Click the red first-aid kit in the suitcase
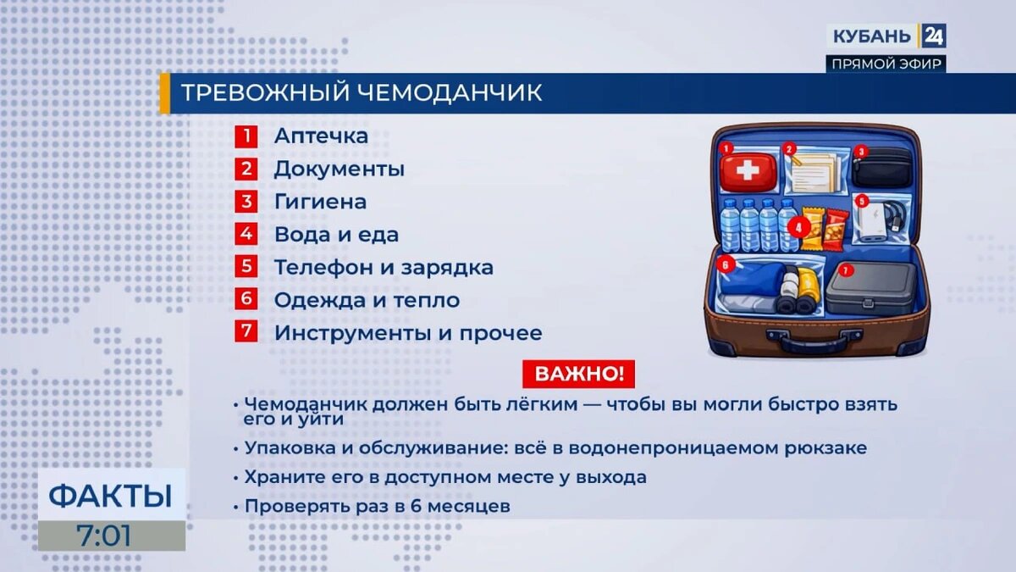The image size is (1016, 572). click(747, 172)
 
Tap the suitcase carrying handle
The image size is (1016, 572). click(814, 341)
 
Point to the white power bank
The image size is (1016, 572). click(873, 223)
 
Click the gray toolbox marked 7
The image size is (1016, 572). click(870, 288)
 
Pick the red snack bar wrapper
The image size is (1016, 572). click(836, 226)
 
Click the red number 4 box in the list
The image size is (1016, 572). click(246, 234)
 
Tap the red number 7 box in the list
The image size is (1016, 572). click(246, 332)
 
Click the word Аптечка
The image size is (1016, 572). click(321, 136)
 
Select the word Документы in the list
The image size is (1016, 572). click(339, 169)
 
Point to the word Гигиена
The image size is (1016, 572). click(320, 202)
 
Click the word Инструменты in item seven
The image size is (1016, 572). click(352, 333)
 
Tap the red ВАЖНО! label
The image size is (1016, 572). click(578, 373)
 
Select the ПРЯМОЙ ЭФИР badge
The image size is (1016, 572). click(886, 64)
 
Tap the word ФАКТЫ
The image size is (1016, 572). click(110, 495)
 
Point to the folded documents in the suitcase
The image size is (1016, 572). click(814, 173)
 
